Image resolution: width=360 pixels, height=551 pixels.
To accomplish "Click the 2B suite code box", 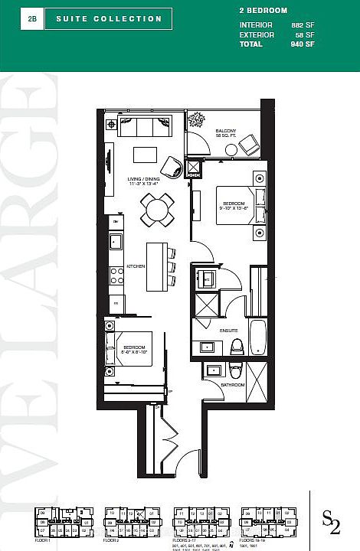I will tap(32, 18).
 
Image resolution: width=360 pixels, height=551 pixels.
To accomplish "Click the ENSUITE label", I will tap(229, 329).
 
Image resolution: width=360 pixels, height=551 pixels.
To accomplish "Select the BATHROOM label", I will tap(232, 384).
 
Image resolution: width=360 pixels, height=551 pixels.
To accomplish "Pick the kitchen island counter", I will tap(157, 265).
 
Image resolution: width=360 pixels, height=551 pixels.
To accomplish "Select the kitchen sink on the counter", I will tap(116, 243).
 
